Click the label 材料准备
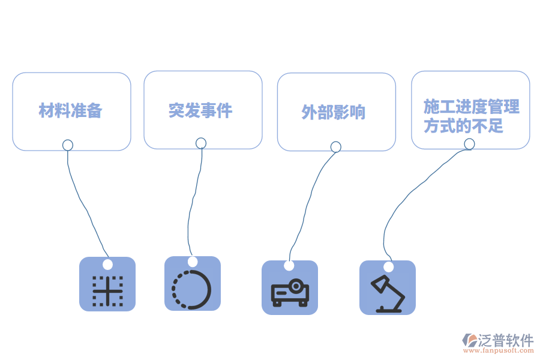(70, 110)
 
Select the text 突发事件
(200, 110)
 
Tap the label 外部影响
(334, 112)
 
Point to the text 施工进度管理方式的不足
(471, 116)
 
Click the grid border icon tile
(107, 284)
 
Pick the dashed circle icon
(191, 289)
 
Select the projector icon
(290, 292)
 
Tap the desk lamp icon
(388, 293)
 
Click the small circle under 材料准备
(68, 145)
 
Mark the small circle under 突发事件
(201, 143)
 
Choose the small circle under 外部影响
(336, 147)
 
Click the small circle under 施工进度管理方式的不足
(469, 144)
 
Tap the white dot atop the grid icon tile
(108, 265)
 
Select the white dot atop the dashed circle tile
(193, 262)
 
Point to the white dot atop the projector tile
(289, 266)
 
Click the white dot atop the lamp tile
(388, 266)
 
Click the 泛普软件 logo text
(506, 340)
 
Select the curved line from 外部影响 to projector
(308, 203)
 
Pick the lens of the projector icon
(295, 286)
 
